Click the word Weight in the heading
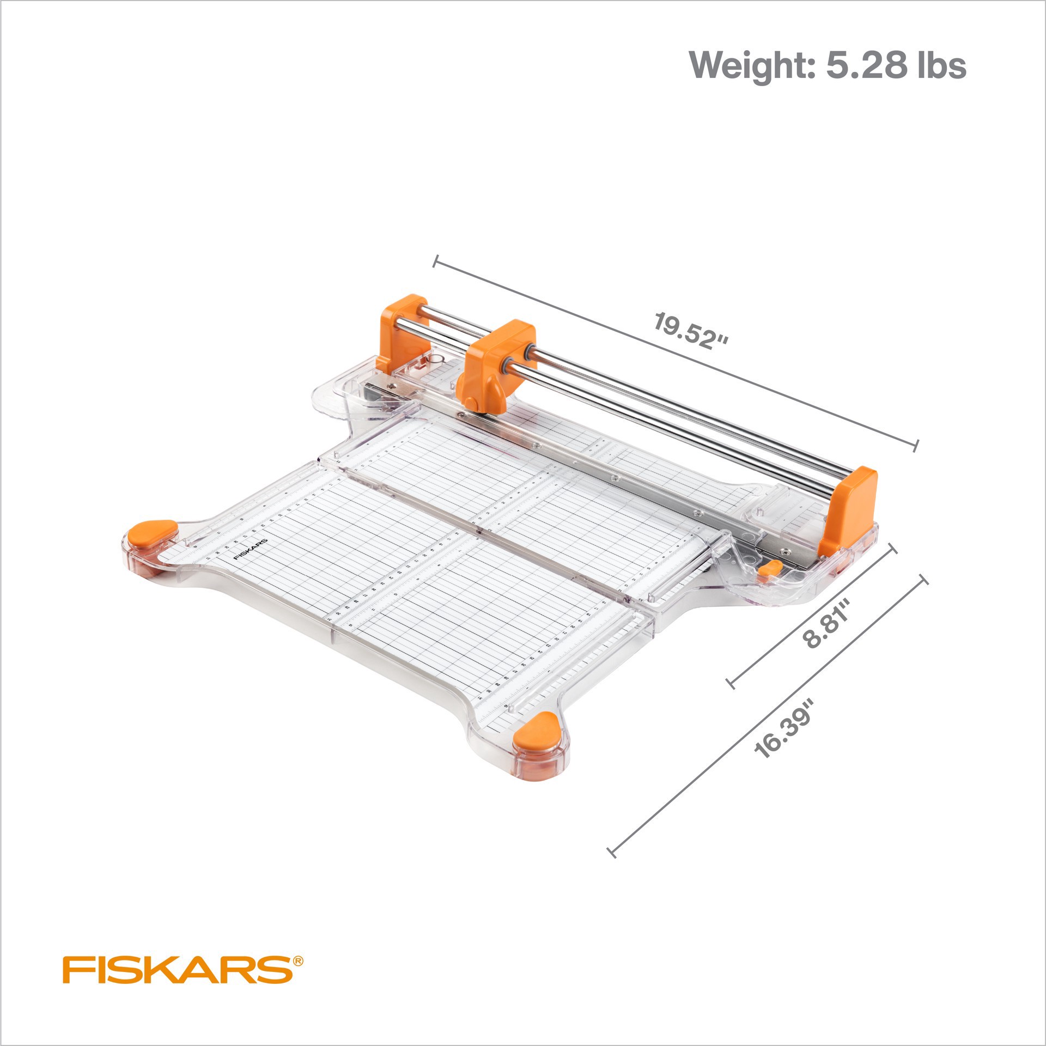pyautogui.click(x=752, y=66)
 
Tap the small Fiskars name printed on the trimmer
pyautogui.click(x=251, y=550)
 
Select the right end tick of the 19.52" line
pyautogui.click(x=916, y=445)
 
